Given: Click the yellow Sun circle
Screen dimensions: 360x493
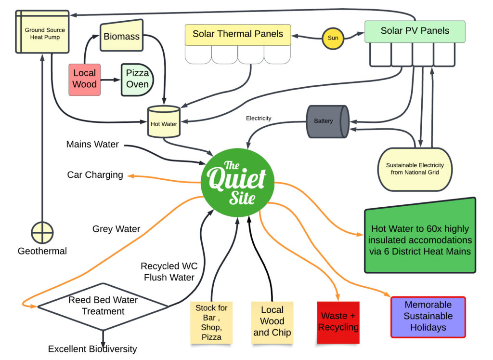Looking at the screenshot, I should tap(333, 38).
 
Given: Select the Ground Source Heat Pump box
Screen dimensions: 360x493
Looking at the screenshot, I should tap(42, 31).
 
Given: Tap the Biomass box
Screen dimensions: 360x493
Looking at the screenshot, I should tap(122, 36).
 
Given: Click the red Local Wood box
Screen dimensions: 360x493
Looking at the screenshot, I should tap(85, 79).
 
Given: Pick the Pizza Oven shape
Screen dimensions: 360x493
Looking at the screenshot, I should tap(137, 80).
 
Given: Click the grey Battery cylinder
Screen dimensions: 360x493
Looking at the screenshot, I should tap(327, 121).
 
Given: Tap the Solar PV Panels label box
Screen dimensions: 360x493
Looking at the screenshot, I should tap(415, 31).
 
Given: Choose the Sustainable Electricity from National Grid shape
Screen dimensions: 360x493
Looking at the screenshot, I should tap(415, 169).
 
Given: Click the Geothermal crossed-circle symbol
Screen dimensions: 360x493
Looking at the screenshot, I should tap(42, 233).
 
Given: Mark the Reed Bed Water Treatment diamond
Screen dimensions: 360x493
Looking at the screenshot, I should tap(103, 306).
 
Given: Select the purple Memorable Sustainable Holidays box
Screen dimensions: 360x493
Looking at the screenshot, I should tap(428, 317).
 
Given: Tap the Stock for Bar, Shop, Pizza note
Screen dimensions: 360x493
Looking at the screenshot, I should tap(211, 322).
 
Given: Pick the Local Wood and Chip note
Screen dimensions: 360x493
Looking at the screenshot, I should tap(272, 321).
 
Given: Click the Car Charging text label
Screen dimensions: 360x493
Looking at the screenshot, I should tap(95, 174).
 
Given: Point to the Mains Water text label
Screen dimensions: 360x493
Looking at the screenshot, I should tap(92, 145).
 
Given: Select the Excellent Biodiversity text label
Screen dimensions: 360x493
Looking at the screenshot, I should tap(92, 349).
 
